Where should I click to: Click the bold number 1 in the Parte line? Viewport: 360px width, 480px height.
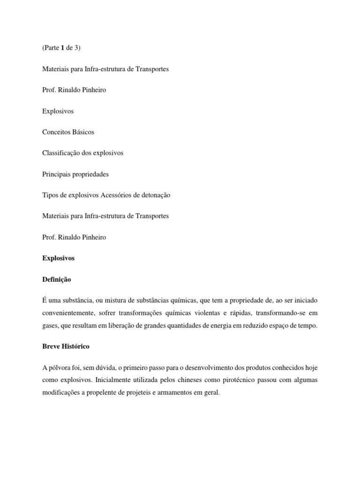(x=63, y=48)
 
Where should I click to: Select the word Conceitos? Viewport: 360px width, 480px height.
(x=56, y=132)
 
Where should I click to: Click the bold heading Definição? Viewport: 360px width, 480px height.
(x=56, y=279)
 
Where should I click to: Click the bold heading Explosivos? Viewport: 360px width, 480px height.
(x=58, y=258)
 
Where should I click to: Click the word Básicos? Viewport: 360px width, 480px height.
(x=83, y=132)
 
